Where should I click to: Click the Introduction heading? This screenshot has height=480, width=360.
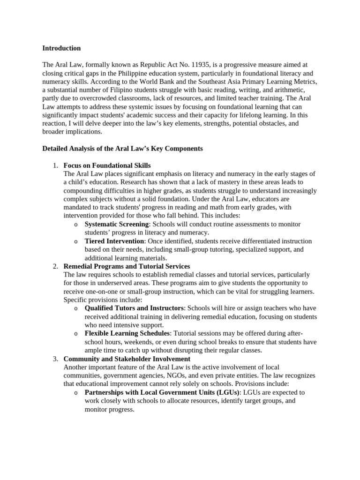point(61,48)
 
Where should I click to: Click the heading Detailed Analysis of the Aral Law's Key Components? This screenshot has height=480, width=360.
point(122,149)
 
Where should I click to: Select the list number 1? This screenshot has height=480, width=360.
point(55,165)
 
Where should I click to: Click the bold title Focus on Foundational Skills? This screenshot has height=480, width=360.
point(107,165)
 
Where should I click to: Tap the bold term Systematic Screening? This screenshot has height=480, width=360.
point(117,224)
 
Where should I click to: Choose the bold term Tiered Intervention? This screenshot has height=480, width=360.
point(114,241)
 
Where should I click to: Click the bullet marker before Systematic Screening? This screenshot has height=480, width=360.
point(75,225)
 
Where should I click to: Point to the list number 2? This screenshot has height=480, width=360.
point(55,266)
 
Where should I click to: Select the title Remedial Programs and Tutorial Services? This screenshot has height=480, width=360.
point(127,266)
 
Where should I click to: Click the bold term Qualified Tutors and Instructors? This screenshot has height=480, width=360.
point(134,308)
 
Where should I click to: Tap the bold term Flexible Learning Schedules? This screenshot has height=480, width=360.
point(127,333)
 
